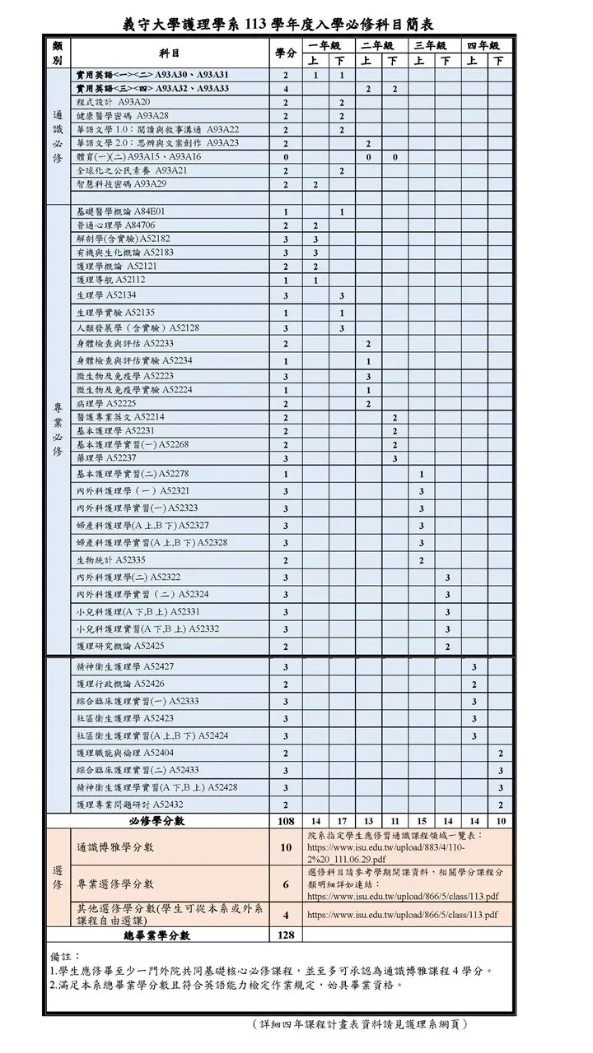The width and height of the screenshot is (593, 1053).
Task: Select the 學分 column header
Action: coord(285,53)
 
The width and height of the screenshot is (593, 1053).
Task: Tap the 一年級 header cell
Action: coord(327,44)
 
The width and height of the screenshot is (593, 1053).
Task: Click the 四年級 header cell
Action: coord(483,44)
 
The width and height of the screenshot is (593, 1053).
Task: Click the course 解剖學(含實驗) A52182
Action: coord(124,239)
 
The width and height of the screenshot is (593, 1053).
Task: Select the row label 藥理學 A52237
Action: coord(106,458)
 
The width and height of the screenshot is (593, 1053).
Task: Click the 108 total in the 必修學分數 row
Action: coord(285,821)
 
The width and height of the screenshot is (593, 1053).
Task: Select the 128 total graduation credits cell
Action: coord(285,935)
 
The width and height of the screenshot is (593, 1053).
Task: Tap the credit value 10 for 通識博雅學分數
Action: coord(285,847)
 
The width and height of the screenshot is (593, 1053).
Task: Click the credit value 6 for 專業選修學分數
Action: coord(285,884)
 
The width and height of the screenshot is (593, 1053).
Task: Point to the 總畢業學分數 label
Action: coord(157,935)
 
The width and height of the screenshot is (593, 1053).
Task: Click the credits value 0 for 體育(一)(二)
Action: coord(285,156)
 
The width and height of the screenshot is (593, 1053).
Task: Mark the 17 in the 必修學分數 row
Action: coord(341,821)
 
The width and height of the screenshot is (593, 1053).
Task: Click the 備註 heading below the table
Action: coord(65,957)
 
